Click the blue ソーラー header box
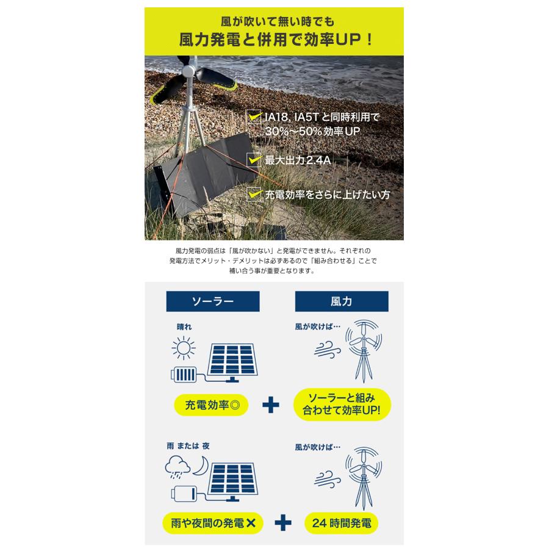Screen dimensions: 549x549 click(x=213, y=302)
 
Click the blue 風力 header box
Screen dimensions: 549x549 click(x=340, y=302)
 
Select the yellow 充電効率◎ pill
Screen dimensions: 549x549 click(x=213, y=404)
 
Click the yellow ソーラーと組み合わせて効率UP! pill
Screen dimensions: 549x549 click(x=342, y=403)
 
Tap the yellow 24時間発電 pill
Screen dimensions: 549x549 click(x=342, y=523)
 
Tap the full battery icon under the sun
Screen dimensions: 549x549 click(x=184, y=374)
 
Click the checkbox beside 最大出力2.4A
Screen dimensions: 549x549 click(x=253, y=160)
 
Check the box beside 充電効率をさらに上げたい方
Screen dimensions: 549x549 click(x=253, y=194)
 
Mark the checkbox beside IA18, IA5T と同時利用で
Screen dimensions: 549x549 click(x=253, y=116)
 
